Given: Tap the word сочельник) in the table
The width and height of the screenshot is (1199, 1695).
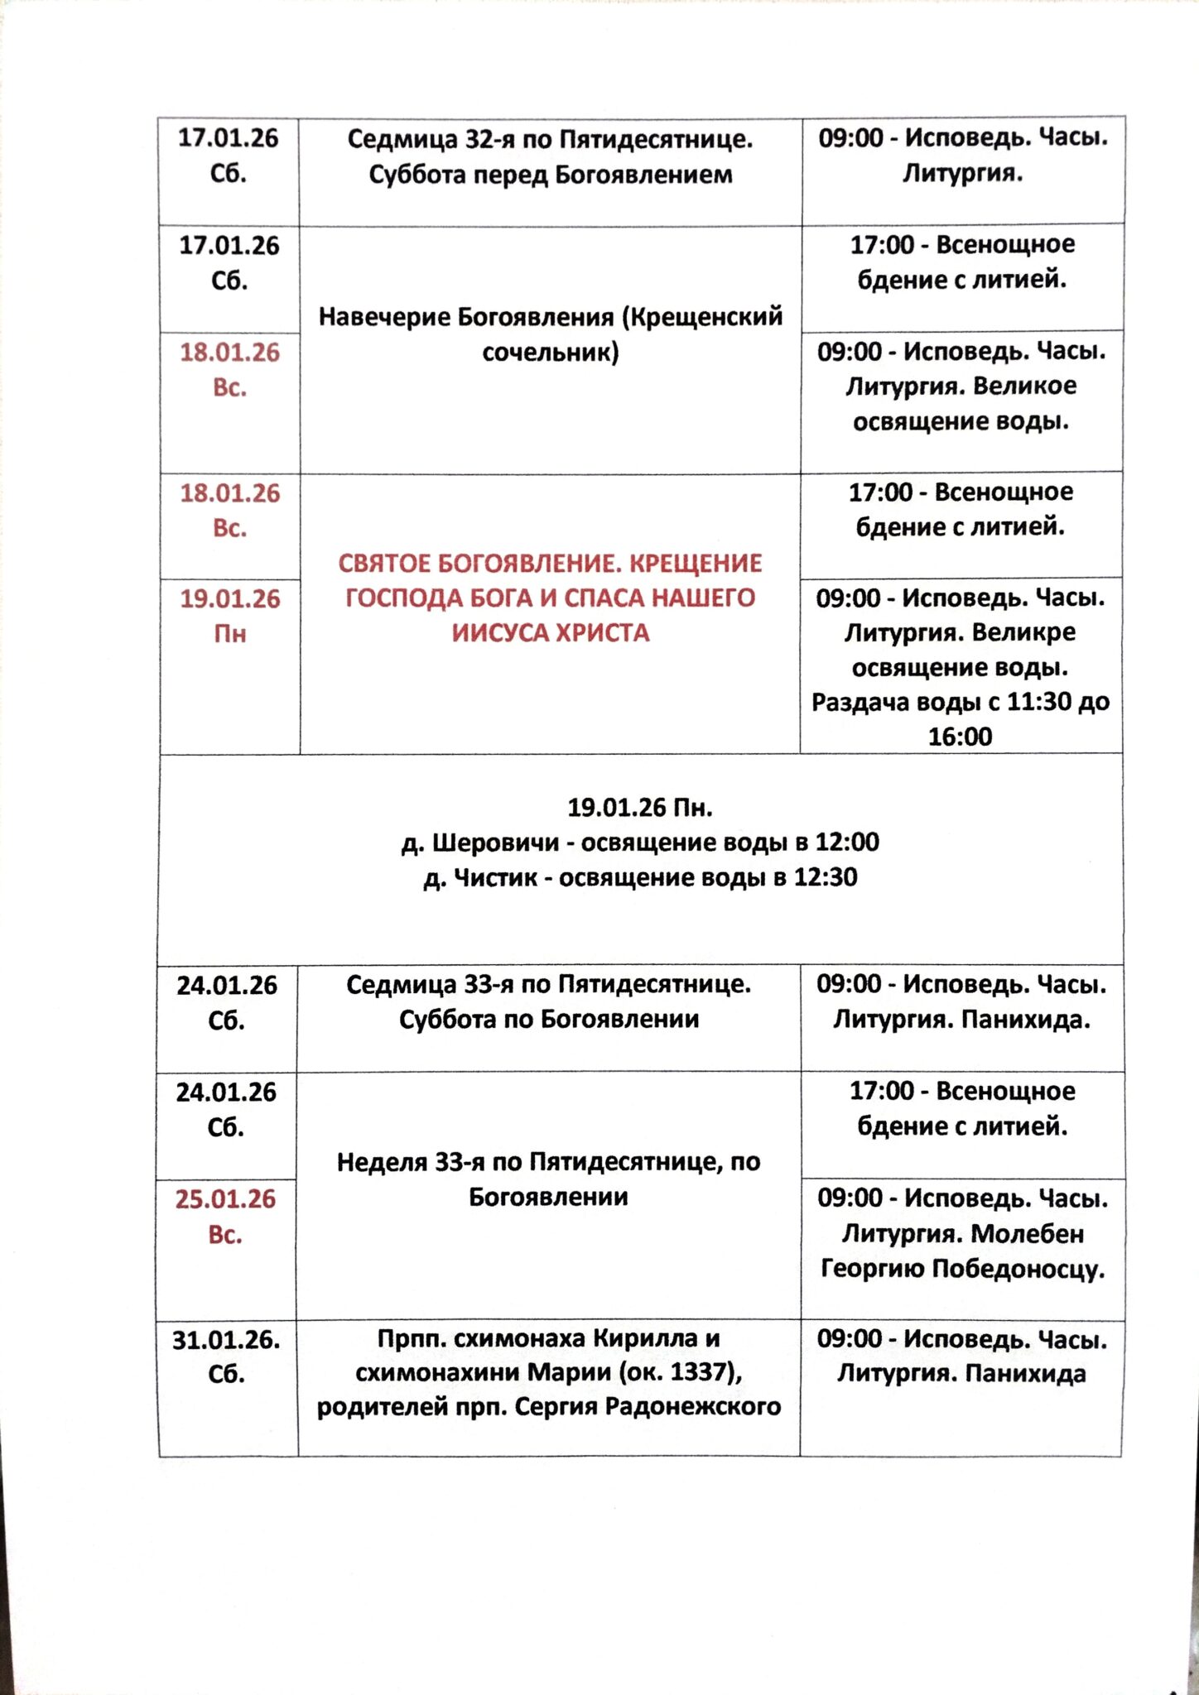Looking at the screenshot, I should (x=551, y=353).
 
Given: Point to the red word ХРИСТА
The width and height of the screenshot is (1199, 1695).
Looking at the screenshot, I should (x=602, y=633).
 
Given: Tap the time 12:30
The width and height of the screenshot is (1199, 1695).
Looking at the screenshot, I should (x=825, y=877).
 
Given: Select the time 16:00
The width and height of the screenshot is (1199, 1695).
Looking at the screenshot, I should (x=960, y=737).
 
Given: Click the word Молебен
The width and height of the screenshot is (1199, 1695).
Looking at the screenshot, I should (x=1027, y=1234).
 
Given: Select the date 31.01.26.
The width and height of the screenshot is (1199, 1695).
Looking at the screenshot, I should (x=226, y=1339).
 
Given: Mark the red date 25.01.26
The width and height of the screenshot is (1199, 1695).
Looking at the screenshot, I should (x=225, y=1199).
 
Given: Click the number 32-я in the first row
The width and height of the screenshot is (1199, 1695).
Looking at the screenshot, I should (x=493, y=139).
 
